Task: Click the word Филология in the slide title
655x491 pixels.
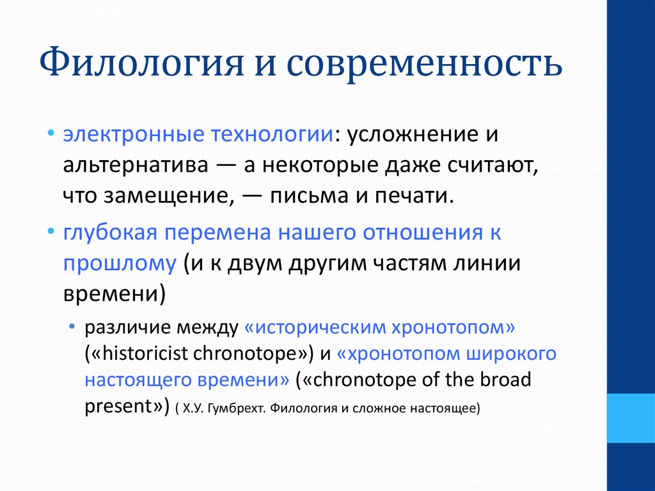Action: pyautogui.click(x=141, y=62)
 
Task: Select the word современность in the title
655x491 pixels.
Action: pyautogui.click(x=425, y=63)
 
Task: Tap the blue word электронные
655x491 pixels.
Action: pyautogui.click(x=134, y=134)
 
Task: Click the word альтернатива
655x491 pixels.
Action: pyautogui.click(x=136, y=165)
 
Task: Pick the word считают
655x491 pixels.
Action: pyautogui.click(x=493, y=166)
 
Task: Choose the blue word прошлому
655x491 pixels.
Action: pyautogui.click(x=120, y=264)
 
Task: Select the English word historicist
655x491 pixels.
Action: pyautogui.click(x=145, y=353)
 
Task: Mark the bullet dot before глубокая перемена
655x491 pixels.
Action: pyautogui.click(x=51, y=231)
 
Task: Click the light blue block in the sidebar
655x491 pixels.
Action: pyautogui.click(x=631, y=418)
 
